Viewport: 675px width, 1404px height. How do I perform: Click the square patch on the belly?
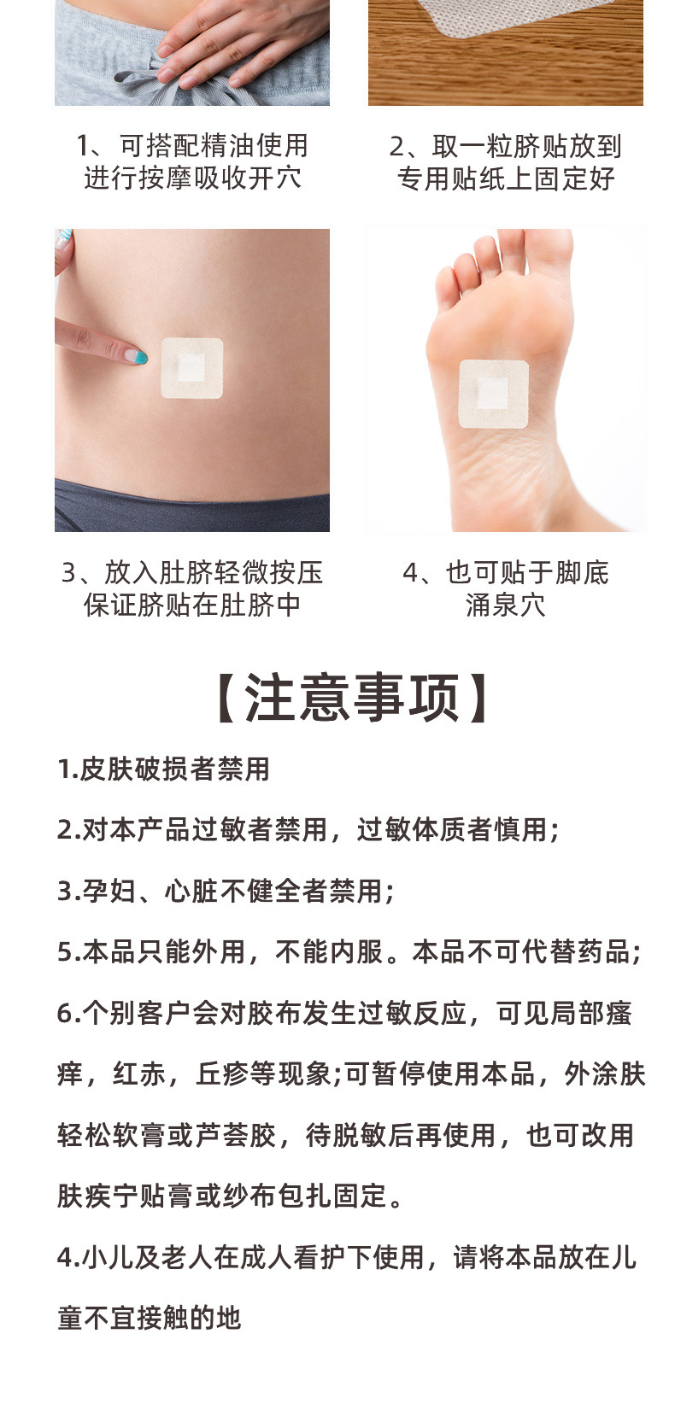[x=192, y=368]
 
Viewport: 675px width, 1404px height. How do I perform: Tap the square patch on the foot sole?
[x=494, y=395]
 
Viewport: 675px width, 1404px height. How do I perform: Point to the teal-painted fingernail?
[x=139, y=357]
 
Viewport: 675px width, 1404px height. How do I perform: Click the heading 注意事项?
[x=352, y=698]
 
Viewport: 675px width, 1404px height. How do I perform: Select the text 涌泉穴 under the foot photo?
[x=506, y=605]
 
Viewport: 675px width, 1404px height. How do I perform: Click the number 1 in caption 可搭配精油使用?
[x=83, y=146]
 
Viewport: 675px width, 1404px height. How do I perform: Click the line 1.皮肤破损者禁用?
[x=164, y=769]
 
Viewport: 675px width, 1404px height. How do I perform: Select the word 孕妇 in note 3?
[x=109, y=891]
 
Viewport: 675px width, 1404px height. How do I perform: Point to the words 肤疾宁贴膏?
[x=125, y=1196]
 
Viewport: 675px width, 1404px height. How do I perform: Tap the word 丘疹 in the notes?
[x=222, y=1073]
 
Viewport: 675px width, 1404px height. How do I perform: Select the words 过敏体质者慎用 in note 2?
[x=451, y=830]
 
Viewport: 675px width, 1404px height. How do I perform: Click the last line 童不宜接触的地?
[x=150, y=1318]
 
